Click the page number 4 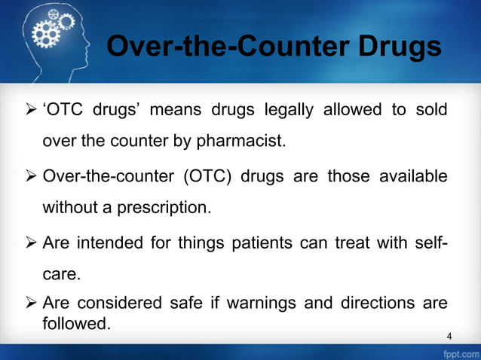[449, 335]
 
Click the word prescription [159, 205]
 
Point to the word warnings [258, 305]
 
